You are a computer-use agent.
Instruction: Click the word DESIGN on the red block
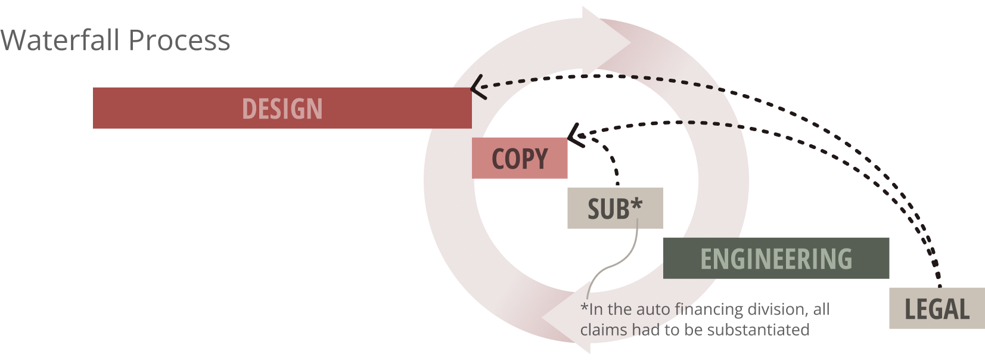point(282,109)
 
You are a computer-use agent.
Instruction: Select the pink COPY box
point(519,159)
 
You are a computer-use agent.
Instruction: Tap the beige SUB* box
point(616,209)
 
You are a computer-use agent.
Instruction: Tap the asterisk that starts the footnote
point(584,309)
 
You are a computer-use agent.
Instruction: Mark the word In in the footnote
point(595,310)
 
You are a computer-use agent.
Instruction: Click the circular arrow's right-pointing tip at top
point(630,42)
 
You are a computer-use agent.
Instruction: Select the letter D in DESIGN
point(248,109)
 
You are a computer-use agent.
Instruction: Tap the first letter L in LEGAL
point(910,310)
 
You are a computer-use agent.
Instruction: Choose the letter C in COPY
point(499,159)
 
